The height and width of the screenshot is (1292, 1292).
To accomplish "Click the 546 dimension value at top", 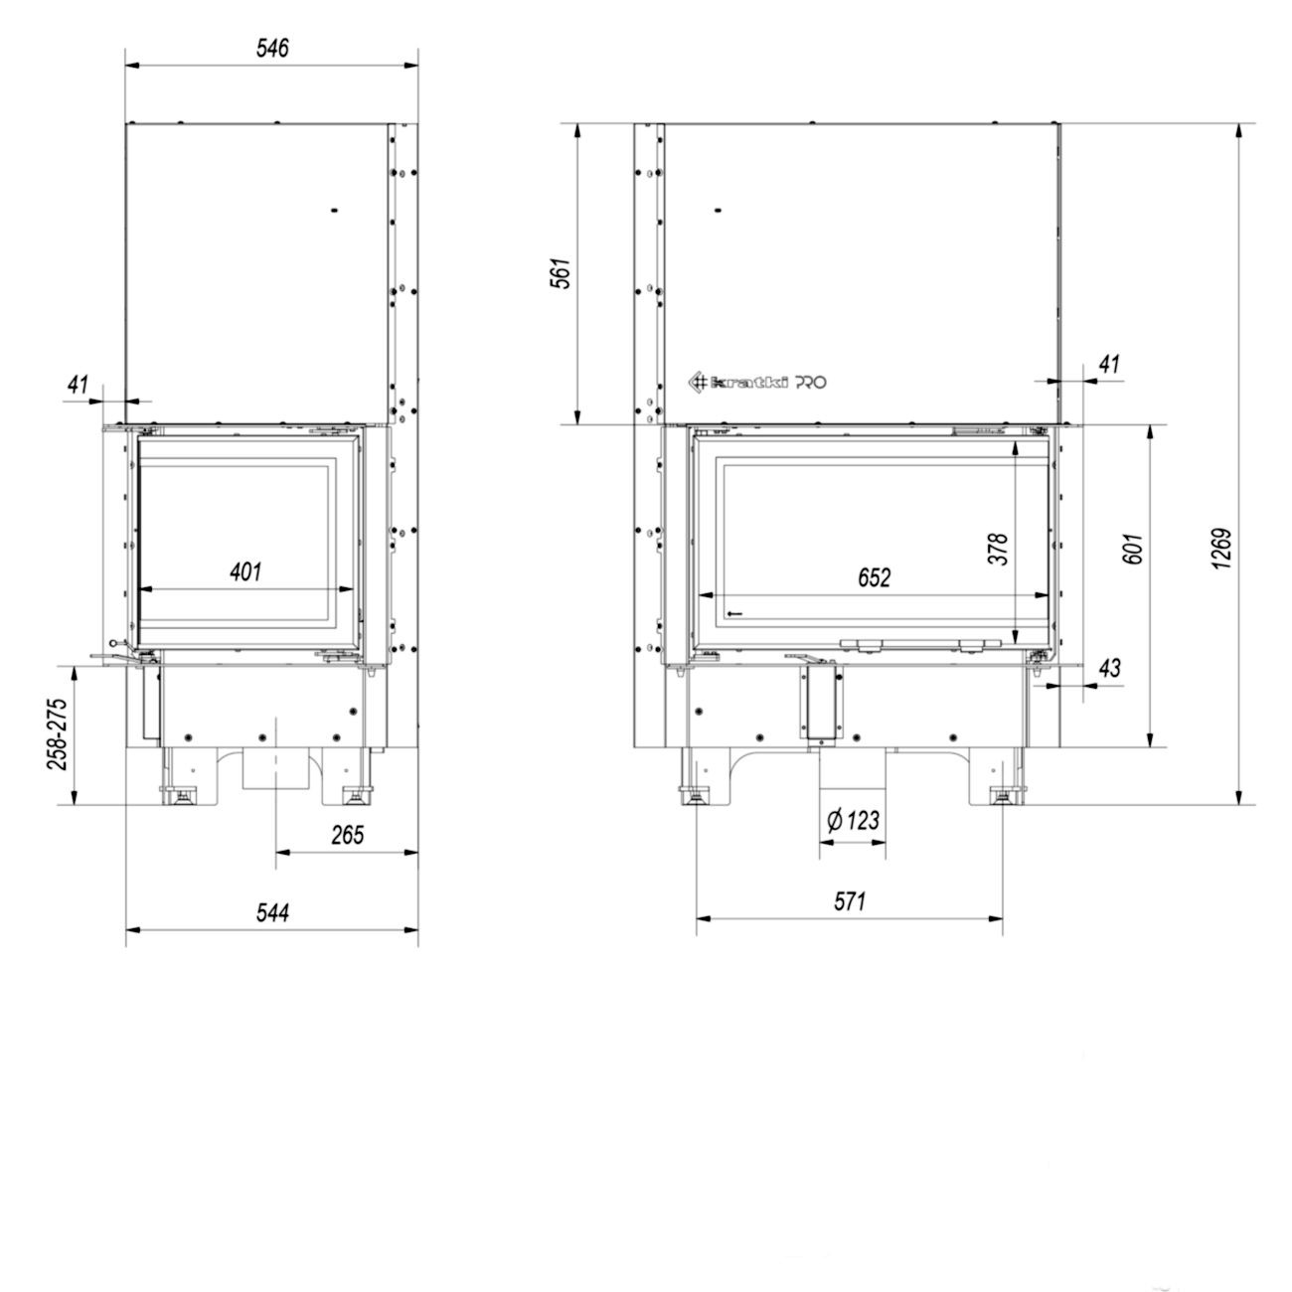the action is coord(272,49).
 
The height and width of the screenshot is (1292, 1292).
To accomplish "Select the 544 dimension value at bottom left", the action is coord(272,912).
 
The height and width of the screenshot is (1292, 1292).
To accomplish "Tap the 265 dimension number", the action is coord(347,835).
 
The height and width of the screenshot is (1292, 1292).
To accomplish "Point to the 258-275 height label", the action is coord(58,734).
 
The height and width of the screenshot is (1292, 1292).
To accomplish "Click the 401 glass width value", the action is coord(245,571).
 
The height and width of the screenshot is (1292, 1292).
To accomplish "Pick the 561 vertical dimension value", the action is coord(561,273).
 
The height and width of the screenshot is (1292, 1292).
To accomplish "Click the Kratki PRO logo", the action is coord(757,383).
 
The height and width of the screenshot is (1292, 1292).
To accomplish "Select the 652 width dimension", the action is coord(875,577).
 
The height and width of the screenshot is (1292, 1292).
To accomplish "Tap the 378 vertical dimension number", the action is coord(999,549).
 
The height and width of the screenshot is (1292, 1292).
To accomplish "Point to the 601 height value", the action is coord(1132,549).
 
